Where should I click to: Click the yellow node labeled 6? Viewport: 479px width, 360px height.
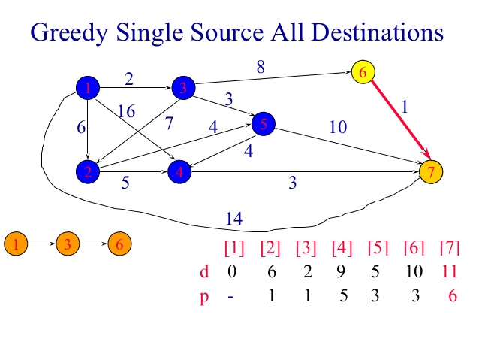tap(363, 72)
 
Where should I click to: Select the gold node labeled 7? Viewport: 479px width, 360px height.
tap(431, 171)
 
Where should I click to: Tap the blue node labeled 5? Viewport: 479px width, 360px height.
tap(264, 124)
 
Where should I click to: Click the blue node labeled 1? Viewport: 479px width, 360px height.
tap(88, 88)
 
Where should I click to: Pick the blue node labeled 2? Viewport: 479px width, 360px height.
tap(88, 171)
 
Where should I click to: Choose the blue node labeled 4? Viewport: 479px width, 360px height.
tap(179, 171)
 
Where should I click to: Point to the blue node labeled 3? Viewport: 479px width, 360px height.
tap(184, 88)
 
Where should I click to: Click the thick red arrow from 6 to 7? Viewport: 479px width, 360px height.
tap(400, 119)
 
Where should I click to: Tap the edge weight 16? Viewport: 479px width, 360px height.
tap(126, 111)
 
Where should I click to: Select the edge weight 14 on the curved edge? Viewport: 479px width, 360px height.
tap(234, 219)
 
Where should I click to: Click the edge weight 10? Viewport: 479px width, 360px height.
tap(338, 126)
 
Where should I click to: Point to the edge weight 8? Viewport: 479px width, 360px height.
tap(261, 67)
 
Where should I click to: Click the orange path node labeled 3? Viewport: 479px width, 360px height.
tap(68, 244)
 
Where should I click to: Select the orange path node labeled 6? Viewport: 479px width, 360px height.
tap(120, 244)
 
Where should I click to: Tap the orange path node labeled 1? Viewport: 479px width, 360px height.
tap(16, 244)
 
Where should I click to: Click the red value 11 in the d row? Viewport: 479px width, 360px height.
tap(450, 271)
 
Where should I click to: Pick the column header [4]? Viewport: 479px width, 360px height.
tap(342, 248)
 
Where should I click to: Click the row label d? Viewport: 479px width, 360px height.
tap(204, 271)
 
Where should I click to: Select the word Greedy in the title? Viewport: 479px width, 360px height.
tap(69, 33)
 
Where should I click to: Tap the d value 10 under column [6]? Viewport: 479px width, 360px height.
tap(414, 271)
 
